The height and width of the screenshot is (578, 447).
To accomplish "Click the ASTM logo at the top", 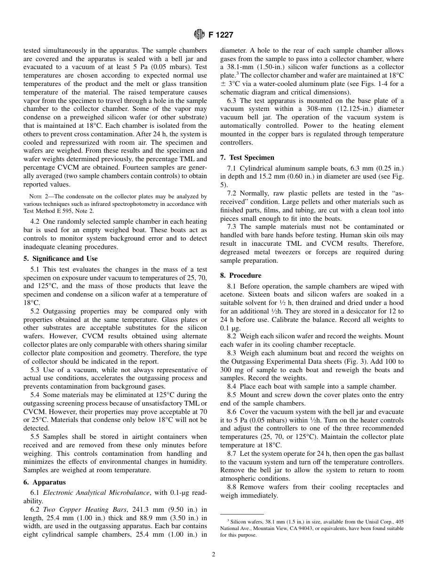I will click(x=199, y=34).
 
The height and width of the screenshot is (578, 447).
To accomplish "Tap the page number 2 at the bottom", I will click(x=213, y=555).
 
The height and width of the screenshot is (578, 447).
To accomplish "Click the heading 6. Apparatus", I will click(x=45, y=482).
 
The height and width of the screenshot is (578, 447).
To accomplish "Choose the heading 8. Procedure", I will click(x=241, y=275).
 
